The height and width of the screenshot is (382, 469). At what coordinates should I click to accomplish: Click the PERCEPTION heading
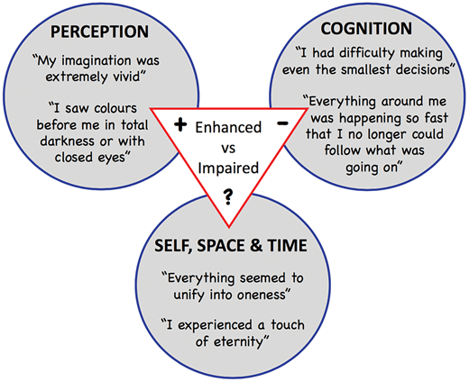click(x=99, y=32)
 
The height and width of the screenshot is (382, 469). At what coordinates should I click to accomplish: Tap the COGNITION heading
click(x=366, y=29)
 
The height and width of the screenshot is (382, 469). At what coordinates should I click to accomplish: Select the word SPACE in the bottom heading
click(x=220, y=246)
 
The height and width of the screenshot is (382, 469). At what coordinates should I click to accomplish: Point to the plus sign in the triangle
click(x=180, y=124)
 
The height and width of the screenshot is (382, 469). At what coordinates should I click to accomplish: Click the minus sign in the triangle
click(x=282, y=123)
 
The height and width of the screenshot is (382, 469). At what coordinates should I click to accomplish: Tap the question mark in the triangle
click(x=228, y=196)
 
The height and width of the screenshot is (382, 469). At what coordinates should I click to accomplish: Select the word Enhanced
click(x=228, y=127)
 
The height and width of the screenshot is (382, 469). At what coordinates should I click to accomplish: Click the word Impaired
click(x=228, y=168)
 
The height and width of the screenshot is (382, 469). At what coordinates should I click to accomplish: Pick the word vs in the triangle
click(x=228, y=149)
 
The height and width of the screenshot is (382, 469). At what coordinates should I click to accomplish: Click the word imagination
click(x=97, y=61)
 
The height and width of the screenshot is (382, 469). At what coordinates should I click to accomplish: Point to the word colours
click(x=115, y=108)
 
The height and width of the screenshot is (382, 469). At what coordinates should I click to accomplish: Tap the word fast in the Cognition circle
click(x=437, y=118)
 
